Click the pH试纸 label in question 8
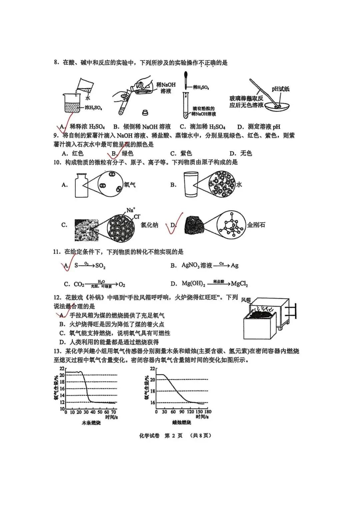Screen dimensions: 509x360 click(280, 89)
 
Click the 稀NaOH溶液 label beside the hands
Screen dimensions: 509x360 click(166, 88)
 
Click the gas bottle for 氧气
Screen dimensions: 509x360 click(80, 185)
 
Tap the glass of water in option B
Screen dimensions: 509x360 click(191, 184)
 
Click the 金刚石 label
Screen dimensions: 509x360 click(256, 225)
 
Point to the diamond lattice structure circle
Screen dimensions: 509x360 click(231, 225)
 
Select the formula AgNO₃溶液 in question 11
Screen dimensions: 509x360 click(196, 265)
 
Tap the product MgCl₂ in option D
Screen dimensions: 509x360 click(239, 284)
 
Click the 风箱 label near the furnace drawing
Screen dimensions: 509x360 click(246, 300)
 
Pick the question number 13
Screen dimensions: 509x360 click(57, 351)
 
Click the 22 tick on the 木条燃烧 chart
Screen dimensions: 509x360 click(62, 369)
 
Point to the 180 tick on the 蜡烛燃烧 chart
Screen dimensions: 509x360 click(208, 412)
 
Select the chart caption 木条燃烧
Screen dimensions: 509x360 click(91, 423)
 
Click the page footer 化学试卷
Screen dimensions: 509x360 click(149, 436)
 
